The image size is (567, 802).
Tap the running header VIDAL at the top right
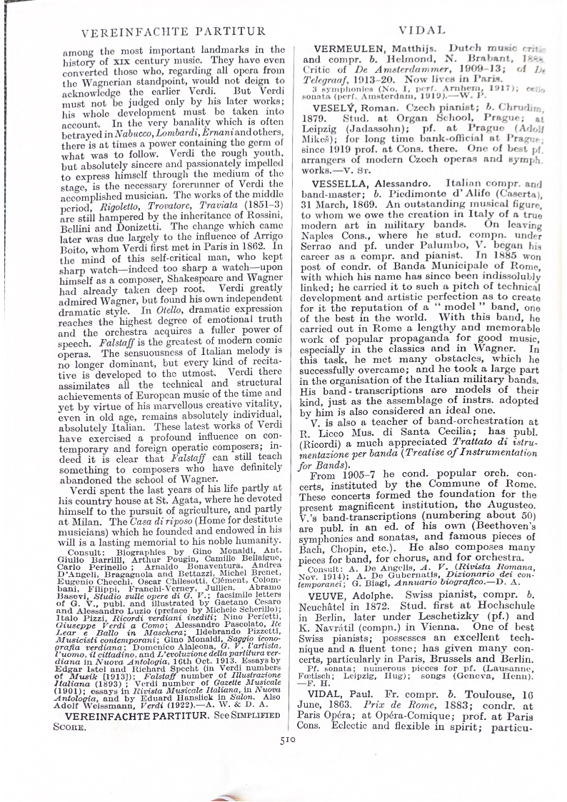click(422, 31)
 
